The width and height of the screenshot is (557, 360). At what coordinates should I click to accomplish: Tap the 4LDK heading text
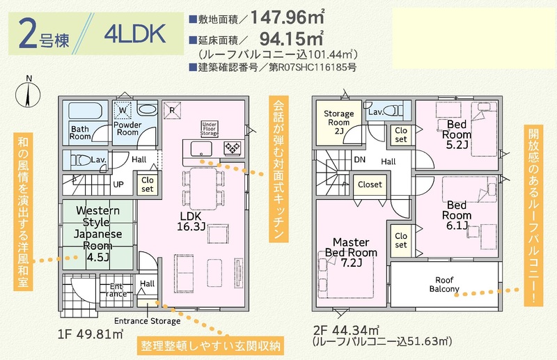click(x=135, y=33)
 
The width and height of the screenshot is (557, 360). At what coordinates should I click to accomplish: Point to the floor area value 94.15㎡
click(x=291, y=38)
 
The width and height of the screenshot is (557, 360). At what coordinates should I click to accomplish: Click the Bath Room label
click(x=80, y=132)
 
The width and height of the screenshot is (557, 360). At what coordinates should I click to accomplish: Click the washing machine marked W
click(x=123, y=110)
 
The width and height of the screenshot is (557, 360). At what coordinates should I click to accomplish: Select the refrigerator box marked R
click(x=172, y=110)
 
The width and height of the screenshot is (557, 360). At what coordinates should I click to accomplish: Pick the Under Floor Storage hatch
click(x=210, y=129)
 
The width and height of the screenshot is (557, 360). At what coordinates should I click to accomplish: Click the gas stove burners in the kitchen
click(x=233, y=148)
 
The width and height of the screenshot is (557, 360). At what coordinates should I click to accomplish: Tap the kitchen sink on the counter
click(x=201, y=148)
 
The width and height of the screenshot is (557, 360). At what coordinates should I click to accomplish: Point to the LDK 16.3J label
click(x=191, y=221)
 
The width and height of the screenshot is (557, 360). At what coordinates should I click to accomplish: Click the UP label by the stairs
click(x=118, y=185)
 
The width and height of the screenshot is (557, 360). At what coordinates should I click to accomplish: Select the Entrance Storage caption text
click(x=147, y=321)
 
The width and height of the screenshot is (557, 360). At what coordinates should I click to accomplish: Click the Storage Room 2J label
click(x=338, y=123)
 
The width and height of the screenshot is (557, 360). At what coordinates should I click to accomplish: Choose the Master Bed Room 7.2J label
click(x=351, y=252)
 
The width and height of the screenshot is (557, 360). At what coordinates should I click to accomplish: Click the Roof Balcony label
click(x=444, y=285)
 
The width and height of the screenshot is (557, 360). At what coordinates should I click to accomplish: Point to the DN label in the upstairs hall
click(x=359, y=159)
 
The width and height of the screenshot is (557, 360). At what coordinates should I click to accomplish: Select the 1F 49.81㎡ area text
click(x=91, y=334)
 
